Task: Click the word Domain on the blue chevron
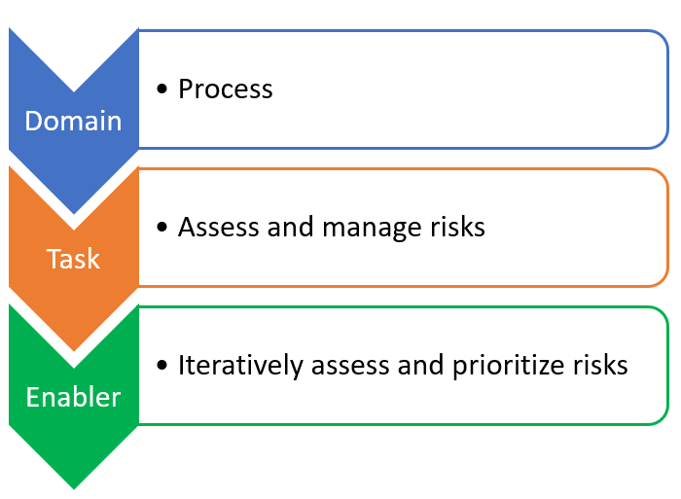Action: tap(73, 121)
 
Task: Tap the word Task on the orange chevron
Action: tap(73, 259)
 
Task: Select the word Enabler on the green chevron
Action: tap(73, 397)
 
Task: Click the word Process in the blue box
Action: tap(226, 89)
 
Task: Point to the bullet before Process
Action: tap(162, 89)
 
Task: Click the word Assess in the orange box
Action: tap(219, 228)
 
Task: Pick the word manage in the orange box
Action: tap(372, 229)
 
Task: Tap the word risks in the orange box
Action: tap(457, 228)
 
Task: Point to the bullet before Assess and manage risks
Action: tap(162, 228)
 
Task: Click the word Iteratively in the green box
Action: tap(240, 366)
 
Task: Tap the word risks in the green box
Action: tap(600, 365)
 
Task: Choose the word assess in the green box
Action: tap(350, 366)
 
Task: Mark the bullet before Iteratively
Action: tap(162, 365)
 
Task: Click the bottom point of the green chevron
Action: tap(74, 489)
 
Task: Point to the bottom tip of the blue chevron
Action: tap(74, 214)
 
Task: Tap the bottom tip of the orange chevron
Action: tap(74, 351)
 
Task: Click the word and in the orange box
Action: tap(290, 228)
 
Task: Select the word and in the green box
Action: tap(420, 365)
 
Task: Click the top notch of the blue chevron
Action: tap(74, 91)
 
